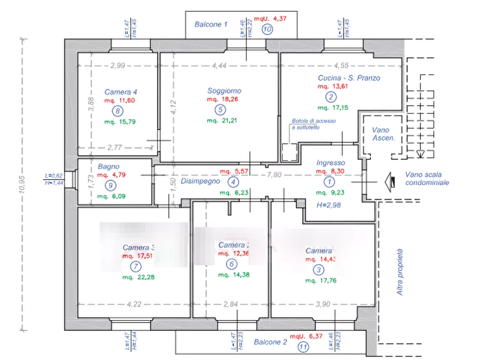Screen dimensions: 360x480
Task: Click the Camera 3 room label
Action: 139,248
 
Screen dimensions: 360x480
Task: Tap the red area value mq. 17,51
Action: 139,256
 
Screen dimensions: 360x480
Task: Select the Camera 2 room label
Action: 233,245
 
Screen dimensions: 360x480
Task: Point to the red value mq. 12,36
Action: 233,253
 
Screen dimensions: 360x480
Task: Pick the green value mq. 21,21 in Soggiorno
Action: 218,121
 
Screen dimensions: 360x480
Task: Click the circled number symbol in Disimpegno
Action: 234,182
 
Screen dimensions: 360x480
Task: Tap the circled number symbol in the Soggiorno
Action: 219,110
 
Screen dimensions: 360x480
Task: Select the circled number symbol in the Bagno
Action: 110,186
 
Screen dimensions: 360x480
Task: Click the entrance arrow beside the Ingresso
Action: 390,183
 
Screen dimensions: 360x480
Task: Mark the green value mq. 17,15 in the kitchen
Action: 331,108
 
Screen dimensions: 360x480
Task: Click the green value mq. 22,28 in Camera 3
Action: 138,277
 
